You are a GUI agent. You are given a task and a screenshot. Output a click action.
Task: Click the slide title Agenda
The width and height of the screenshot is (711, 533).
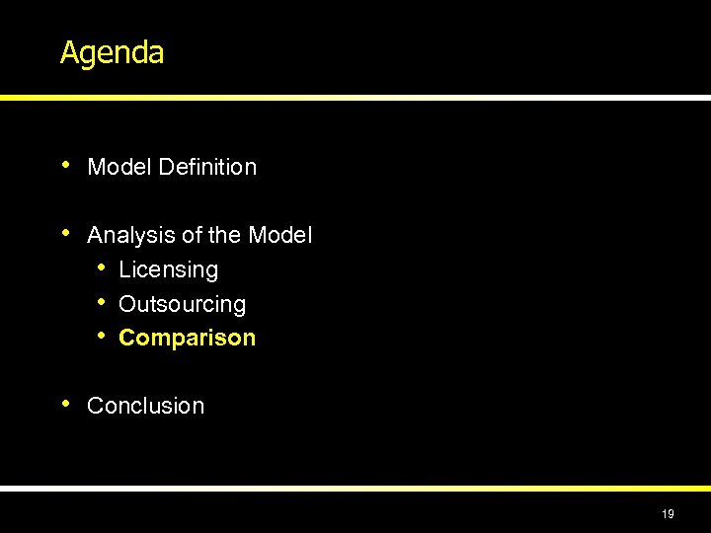[112, 52]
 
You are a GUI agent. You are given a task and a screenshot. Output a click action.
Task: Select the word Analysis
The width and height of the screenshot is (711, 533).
[126, 236]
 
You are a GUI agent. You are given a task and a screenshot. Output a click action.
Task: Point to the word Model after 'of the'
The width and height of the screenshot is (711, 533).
[280, 236]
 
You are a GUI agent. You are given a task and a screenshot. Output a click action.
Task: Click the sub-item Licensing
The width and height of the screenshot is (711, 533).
[168, 270]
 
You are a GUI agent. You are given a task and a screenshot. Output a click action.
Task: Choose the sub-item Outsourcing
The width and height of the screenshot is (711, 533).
[182, 305]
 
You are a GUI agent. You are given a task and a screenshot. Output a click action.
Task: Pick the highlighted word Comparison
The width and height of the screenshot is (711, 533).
[187, 339]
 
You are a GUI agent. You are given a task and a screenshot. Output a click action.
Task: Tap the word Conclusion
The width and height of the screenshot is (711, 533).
[145, 406]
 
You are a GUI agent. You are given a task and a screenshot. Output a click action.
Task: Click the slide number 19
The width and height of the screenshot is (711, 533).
[669, 513]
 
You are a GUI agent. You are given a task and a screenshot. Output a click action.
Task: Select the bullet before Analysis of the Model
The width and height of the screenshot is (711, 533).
[65, 233]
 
